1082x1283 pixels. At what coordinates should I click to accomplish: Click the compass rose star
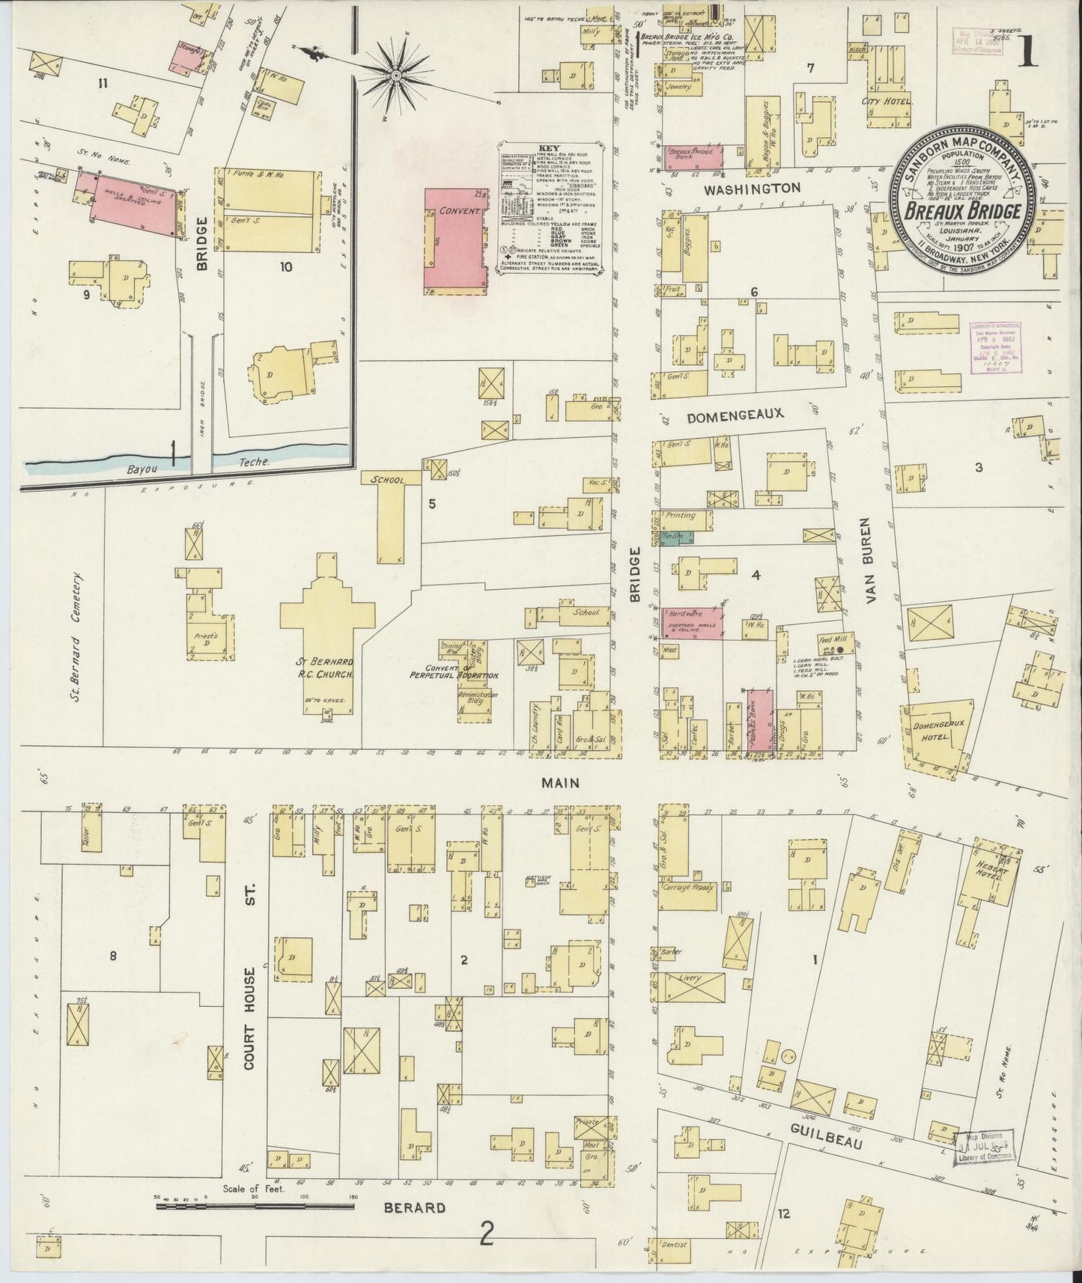coord(396,73)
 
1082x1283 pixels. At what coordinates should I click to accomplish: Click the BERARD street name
coord(416,1207)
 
